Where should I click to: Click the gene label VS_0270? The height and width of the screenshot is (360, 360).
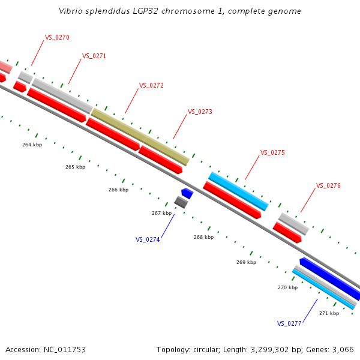[x=57, y=37]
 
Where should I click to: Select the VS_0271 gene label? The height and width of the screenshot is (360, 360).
[x=94, y=56]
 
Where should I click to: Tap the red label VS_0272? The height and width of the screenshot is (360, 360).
[x=151, y=85]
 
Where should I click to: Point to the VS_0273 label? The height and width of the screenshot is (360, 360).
[x=200, y=112]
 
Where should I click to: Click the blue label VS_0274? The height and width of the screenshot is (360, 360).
[x=148, y=239]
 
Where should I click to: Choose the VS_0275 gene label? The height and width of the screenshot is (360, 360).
[x=272, y=152]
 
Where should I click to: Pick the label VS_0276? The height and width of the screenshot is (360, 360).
[x=328, y=185]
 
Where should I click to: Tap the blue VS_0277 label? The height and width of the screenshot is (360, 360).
[x=289, y=323]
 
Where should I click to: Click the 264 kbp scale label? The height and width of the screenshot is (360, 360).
[x=32, y=145]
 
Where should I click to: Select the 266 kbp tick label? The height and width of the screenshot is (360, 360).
[x=118, y=190]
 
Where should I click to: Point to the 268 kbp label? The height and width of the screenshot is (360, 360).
[x=203, y=237]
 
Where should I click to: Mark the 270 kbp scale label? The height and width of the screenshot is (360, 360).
[x=287, y=287]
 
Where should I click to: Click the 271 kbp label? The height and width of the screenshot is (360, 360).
[x=329, y=313]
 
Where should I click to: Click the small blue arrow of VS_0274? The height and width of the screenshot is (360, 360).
[x=187, y=193]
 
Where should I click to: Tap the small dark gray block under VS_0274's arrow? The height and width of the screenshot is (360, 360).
[x=181, y=202]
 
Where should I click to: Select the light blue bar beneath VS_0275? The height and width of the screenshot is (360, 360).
[x=238, y=191]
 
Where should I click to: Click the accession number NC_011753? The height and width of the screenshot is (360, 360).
[x=64, y=349]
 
